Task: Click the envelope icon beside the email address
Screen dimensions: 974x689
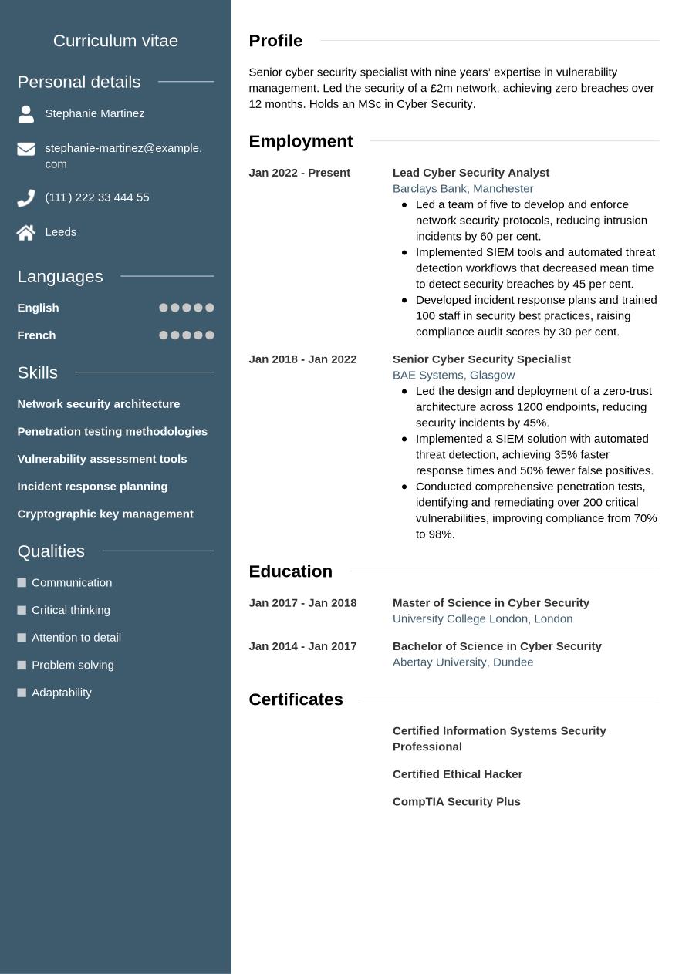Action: tap(26, 149)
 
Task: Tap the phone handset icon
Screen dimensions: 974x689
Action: tap(26, 198)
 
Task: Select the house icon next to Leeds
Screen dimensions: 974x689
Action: tap(26, 232)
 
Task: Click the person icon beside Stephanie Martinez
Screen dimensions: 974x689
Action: tap(26, 114)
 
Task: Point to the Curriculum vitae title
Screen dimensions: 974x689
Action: tap(116, 41)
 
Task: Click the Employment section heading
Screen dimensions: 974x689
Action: tap(300, 141)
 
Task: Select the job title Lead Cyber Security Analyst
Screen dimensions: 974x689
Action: tap(471, 173)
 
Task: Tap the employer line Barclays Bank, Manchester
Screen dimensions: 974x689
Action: tap(463, 188)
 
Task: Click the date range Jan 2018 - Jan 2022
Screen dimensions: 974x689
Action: tap(302, 359)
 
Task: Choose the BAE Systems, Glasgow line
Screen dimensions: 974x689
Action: tap(454, 375)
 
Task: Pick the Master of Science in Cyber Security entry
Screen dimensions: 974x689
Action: tap(491, 603)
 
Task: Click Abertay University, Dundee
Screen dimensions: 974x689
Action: tap(463, 662)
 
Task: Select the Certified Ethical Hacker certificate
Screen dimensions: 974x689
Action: tap(458, 774)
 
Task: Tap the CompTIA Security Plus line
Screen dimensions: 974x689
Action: tap(457, 802)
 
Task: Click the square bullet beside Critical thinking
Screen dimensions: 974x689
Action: tap(22, 610)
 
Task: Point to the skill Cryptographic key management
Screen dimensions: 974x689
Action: tap(105, 514)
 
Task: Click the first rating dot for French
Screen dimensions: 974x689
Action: tap(164, 335)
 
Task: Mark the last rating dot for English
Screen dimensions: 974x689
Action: tap(210, 308)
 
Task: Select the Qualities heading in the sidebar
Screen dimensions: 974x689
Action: tap(51, 551)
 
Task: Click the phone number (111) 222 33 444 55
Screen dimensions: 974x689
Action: tap(97, 197)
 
